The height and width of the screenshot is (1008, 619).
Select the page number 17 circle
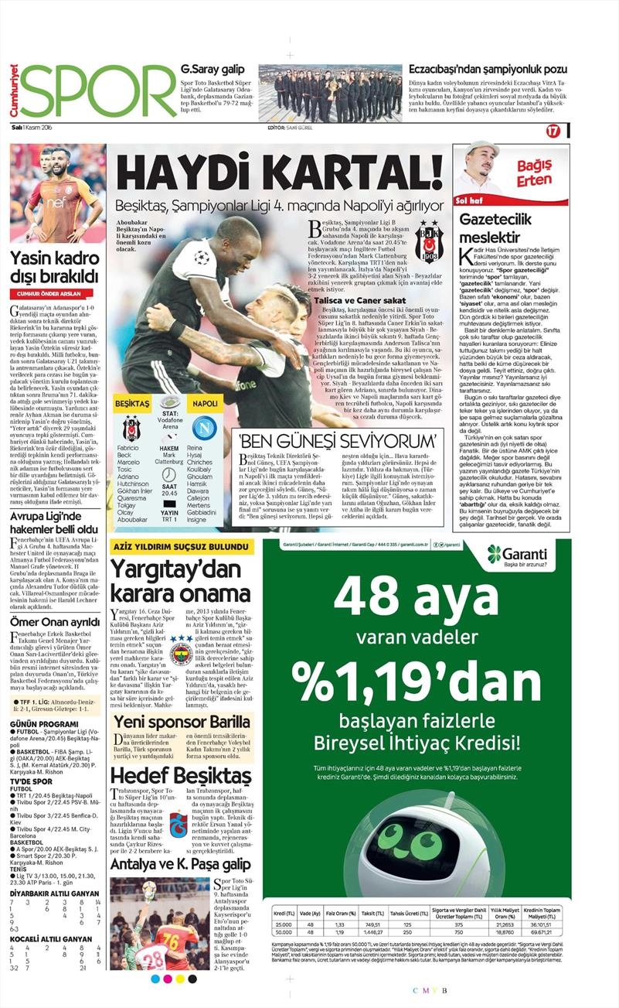click(553, 131)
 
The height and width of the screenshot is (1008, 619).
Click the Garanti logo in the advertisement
click(517, 554)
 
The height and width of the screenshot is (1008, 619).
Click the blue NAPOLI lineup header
click(205, 405)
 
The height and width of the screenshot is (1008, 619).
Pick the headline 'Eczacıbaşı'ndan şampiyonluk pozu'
click(488, 69)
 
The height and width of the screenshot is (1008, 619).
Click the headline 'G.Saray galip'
click(208, 69)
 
